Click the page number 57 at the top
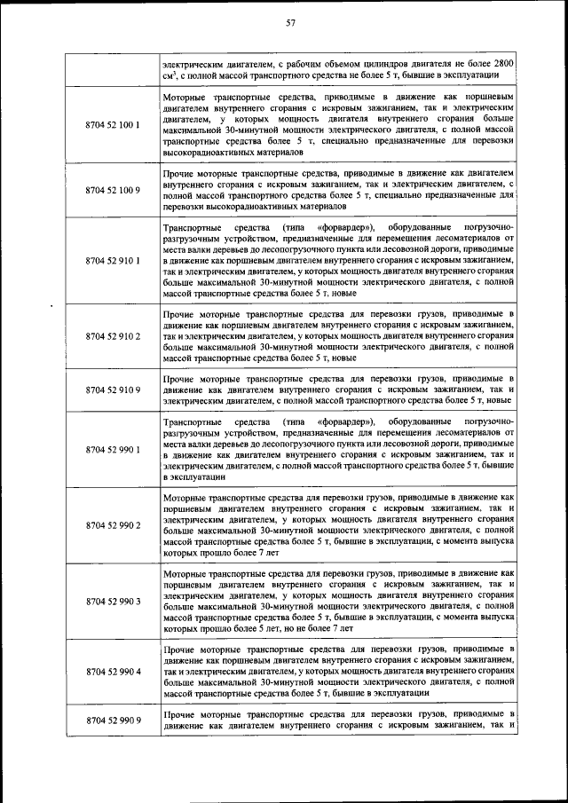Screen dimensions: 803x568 [290, 23]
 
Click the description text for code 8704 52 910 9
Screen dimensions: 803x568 [339, 390]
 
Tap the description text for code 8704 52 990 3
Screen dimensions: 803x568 [339, 601]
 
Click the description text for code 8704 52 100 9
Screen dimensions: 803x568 [339, 190]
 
